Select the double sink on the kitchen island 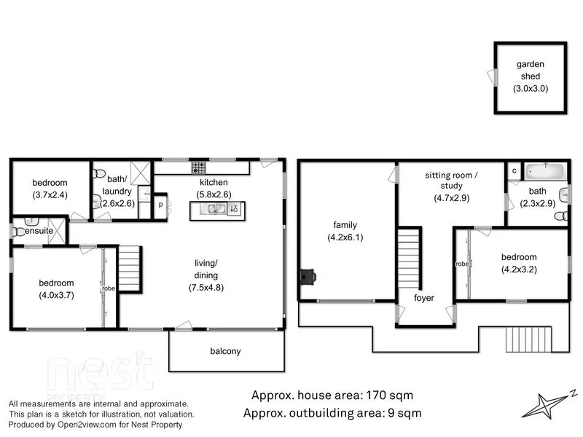coord(216,210)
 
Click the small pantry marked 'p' coord(160,205)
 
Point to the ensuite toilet coord(18,232)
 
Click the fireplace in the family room coord(307,277)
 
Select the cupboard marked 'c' coord(514,170)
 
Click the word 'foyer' coord(423,298)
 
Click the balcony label coord(225,351)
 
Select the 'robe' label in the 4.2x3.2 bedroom coord(461,264)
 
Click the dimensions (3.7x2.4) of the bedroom coord(50,194)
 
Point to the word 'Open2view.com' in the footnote coord(77,424)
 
